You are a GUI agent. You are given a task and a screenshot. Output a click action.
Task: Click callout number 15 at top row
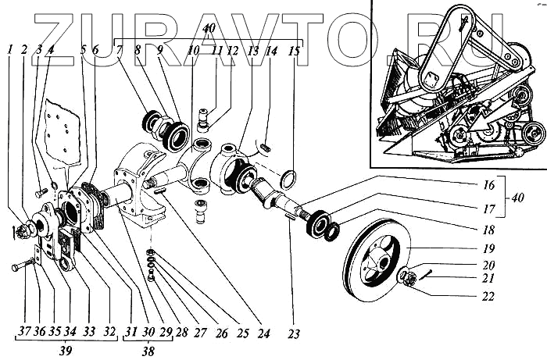pos(294,51)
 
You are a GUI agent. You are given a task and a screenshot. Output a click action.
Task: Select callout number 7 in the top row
pos(119,51)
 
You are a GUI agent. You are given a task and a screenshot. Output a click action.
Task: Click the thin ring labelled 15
pos(288,180)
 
